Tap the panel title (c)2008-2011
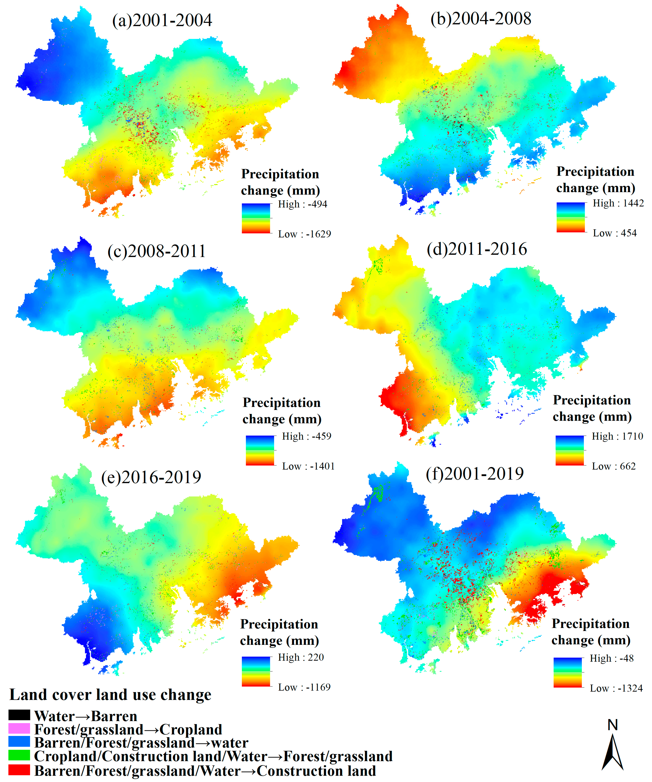(x=157, y=251)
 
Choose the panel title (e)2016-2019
(x=151, y=477)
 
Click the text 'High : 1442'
(x=618, y=203)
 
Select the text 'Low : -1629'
(x=304, y=234)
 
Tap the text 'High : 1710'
(x=617, y=436)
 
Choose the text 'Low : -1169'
(x=304, y=688)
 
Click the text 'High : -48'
(x=611, y=658)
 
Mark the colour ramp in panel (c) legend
(x=260, y=451)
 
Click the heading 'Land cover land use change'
(x=110, y=695)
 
